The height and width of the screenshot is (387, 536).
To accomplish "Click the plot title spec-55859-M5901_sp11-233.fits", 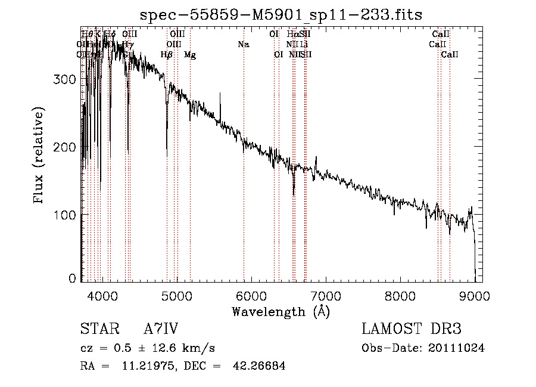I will tap(281, 14).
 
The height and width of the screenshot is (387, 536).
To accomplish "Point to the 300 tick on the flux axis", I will tap(68, 79).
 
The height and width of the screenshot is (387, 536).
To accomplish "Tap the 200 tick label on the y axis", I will tap(68, 147).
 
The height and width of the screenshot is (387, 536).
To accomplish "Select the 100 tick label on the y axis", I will tap(68, 214).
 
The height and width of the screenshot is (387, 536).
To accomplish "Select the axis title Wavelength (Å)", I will tap(281, 311).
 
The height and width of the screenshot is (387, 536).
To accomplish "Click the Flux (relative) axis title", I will tap(40, 156).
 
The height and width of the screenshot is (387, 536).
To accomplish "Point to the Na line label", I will tap(243, 44).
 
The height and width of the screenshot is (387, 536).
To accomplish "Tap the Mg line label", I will tap(189, 55).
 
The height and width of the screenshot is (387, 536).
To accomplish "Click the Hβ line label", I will tap(167, 55).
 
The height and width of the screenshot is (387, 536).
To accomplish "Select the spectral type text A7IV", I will tap(161, 329).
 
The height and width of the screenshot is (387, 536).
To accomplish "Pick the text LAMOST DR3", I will tap(412, 329).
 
